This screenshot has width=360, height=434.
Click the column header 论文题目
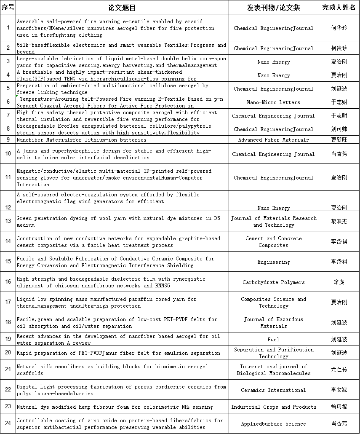pos(122,8)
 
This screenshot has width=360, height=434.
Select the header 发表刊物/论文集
pos(274,8)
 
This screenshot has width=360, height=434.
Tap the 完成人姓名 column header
pos(339,8)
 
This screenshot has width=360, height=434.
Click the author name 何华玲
pos(339,28)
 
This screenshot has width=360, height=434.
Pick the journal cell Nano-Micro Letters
pos(274,102)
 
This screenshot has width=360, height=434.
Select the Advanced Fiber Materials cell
pos(274,139)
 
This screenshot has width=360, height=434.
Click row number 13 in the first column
pos(8,221)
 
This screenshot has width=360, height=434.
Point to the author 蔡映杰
pos(339,221)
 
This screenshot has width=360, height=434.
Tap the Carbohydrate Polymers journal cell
pos(274,282)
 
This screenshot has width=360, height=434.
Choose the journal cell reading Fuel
pos(274,339)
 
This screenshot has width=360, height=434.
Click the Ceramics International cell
pos(274,390)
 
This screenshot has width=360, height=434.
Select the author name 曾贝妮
pos(339,407)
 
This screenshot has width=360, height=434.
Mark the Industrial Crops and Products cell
pos(274,407)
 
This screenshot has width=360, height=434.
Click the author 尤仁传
pos(339,370)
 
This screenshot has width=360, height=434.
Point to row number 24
pos(8,424)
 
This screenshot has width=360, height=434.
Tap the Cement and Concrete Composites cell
pos(274,242)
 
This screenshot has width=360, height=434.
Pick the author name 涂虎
pos(339,282)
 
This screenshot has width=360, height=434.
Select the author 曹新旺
pos(339,139)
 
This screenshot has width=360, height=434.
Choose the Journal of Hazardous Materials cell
pos(274,323)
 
